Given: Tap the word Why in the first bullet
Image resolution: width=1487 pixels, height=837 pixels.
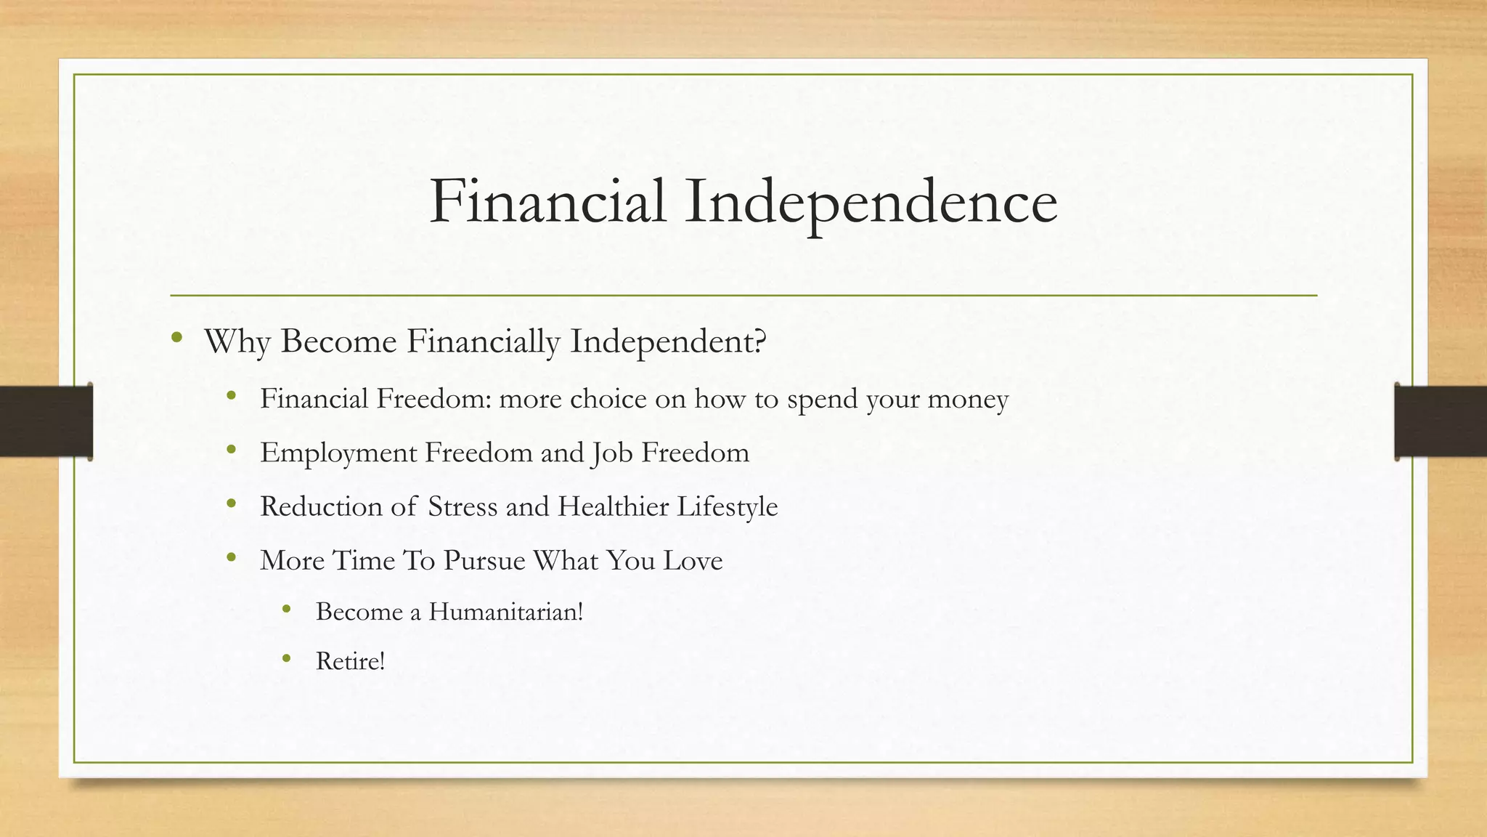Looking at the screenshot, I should pos(237,341).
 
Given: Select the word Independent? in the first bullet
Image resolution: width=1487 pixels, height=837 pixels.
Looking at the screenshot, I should pos(668,341).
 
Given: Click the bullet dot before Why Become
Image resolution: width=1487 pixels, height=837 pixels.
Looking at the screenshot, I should pos(176,337).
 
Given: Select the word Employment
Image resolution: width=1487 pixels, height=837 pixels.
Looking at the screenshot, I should pos(338,453).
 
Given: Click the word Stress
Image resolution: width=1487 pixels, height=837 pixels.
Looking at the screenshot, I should pos(463,506).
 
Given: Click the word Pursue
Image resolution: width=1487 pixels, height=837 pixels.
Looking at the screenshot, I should pos(484,560).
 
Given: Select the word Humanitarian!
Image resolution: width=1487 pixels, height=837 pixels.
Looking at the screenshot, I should pos(505,612).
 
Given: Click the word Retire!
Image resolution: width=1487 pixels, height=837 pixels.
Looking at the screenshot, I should pos(350,661).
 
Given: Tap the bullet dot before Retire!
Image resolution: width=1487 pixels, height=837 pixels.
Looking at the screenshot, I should pos(287,658).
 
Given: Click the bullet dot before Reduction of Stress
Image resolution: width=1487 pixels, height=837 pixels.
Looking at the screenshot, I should pos(232,503).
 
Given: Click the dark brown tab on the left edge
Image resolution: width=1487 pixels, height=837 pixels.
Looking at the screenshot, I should pos(46,421).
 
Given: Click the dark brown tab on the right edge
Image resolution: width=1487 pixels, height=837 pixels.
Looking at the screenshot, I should pos(1441,421).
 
